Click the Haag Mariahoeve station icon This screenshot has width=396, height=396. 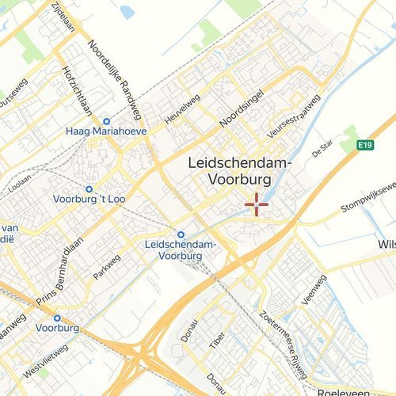pyautogui.click(x=106, y=121)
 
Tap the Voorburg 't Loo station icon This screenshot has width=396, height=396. pyautogui.click(x=89, y=189)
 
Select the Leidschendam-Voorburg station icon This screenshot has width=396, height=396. pyautogui.click(x=181, y=234)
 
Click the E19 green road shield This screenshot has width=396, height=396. pyautogui.click(x=364, y=145)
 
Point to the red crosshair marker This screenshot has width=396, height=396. pyautogui.click(x=257, y=204)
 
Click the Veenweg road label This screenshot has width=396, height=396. pyautogui.click(x=315, y=290)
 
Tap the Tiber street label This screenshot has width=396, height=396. pyautogui.click(x=217, y=341)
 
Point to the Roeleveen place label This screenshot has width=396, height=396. pyautogui.click(x=345, y=391)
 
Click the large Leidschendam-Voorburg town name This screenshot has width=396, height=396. pyautogui.click(x=240, y=171)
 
